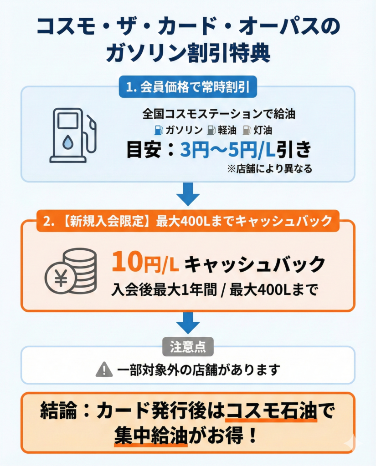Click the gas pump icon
point(72,135)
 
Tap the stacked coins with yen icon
point(71,274)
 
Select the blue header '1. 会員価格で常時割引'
point(187,88)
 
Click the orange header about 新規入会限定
point(187,221)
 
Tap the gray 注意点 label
point(188,347)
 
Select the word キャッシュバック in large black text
point(257,265)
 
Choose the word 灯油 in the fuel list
point(263,130)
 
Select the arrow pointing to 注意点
point(188,324)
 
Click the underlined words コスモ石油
point(272,412)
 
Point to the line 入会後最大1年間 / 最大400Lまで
point(214,290)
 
